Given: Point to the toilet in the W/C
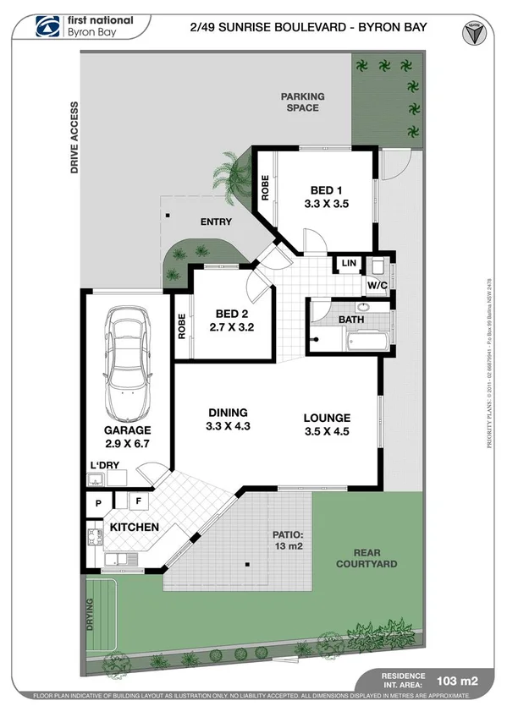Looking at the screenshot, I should pos(378,265).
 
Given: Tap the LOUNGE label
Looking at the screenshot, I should pos(328,418).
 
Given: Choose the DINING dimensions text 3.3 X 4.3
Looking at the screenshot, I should pos(229,427).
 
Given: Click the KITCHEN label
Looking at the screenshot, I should pos(135,528).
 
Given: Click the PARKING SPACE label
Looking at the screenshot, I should pos(302,102).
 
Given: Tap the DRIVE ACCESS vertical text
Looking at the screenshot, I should pos(74,138).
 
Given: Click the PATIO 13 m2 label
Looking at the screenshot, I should pos(287,540).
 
